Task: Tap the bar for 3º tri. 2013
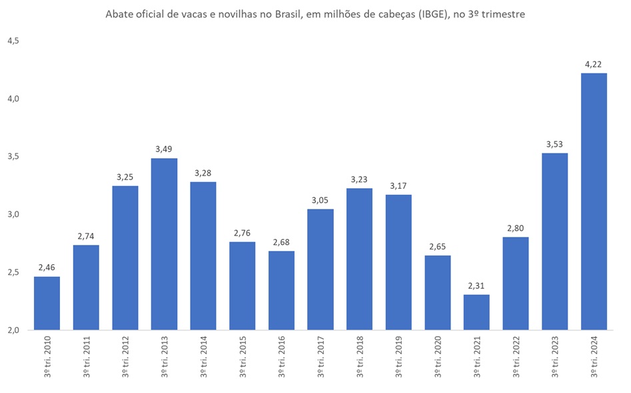point(164,244)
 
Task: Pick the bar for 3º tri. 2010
point(47,304)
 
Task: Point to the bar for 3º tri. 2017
point(320,270)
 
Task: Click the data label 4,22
point(594,65)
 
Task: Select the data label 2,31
point(476,286)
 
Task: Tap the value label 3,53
point(554,145)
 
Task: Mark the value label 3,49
point(164,149)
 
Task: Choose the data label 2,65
point(438,247)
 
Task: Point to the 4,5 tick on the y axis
point(13,41)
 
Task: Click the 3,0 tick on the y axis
point(13,214)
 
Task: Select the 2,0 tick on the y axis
point(13,330)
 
